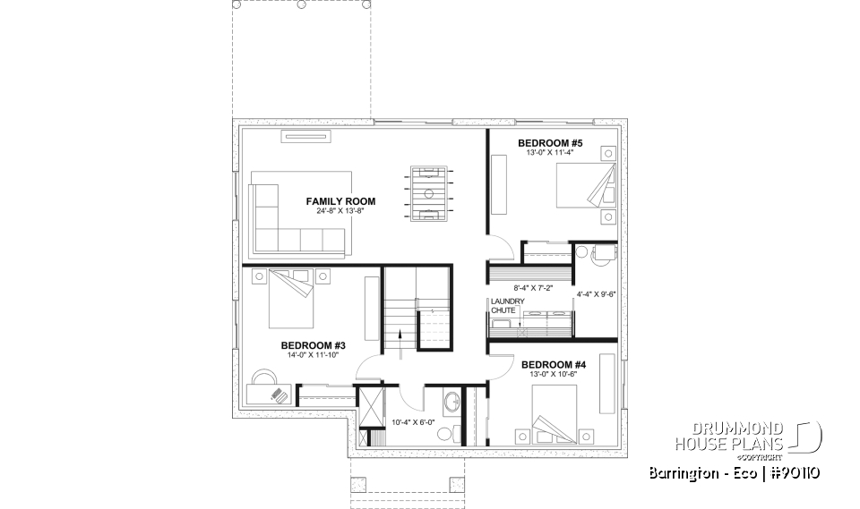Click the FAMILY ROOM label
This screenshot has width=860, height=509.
point(340,201)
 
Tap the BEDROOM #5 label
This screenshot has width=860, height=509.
point(551,143)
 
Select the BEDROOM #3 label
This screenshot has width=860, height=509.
point(307,345)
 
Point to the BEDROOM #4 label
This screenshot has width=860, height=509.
point(554,364)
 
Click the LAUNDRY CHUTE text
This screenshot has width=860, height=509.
point(502,305)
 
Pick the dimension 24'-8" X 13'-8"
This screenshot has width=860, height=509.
point(340,211)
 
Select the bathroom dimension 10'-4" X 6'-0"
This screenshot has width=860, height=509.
point(413,422)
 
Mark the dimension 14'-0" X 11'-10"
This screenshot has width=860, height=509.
point(307,356)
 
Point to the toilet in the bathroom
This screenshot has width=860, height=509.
point(445,434)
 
